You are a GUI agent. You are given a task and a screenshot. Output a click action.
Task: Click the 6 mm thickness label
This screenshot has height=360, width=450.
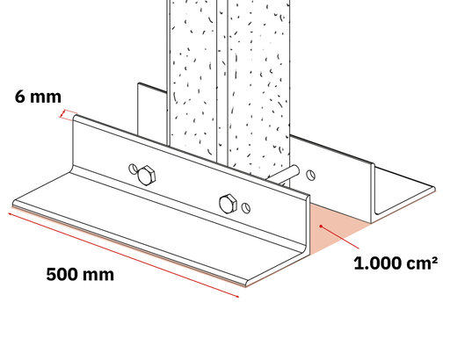click(x=38, y=97)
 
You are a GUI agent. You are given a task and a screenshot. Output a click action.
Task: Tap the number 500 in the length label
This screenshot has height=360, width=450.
click(x=62, y=275)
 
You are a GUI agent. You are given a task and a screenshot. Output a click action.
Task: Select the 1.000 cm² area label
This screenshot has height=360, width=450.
click(x=396, y=263)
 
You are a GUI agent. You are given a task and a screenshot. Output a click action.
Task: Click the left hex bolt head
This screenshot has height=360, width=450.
click(x=146, y=175)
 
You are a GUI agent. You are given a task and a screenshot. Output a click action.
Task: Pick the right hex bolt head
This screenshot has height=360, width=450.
click(x=229, y=204)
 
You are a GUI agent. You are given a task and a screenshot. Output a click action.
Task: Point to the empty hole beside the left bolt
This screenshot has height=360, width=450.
click(x=133, y=169)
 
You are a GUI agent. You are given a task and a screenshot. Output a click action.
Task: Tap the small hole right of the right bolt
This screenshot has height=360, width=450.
click(x=246, y=208)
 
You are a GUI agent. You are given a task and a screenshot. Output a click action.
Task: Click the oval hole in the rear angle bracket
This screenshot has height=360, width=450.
click(x=311, y=175)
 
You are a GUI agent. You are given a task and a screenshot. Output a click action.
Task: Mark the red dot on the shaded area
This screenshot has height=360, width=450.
click(x=322, y=227)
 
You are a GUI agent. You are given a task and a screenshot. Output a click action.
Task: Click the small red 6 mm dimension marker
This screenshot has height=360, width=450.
click(x=68, y=115)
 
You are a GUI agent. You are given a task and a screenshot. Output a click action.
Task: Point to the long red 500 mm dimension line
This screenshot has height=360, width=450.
click(x=124, y=256)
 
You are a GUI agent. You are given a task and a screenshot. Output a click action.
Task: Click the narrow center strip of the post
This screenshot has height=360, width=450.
click(x=222, y=82)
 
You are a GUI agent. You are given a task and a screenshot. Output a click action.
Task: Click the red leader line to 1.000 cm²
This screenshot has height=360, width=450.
click(x=340, y=237)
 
